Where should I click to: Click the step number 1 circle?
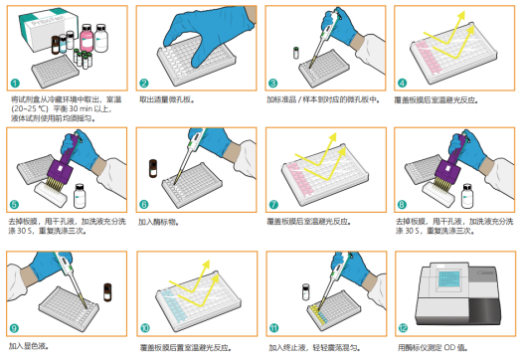click(x=15, y=85)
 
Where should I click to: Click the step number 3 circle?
click(x=273, y=85)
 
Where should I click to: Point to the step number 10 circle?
click(x=144, y=327)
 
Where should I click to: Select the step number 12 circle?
click(x=403, y=327)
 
